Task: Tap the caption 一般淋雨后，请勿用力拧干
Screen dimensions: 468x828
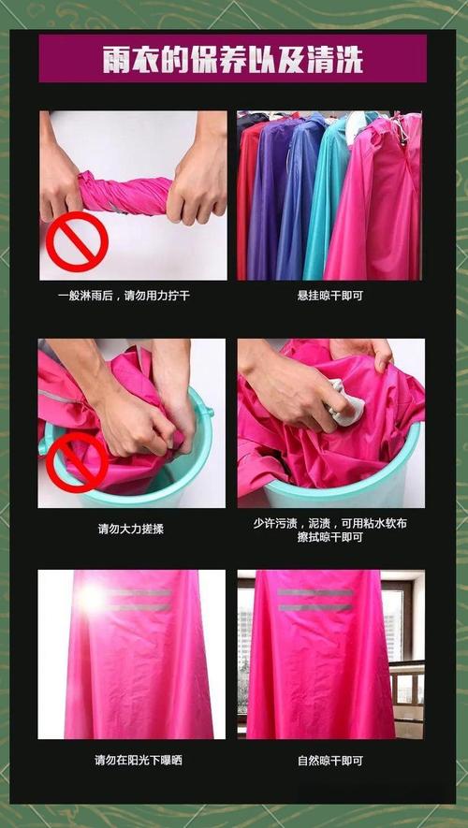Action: [124, 296]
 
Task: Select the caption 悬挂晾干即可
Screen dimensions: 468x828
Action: [330, 296]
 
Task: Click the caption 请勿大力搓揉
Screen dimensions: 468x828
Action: [131, 529]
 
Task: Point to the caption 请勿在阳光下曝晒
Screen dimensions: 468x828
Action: [139, 761]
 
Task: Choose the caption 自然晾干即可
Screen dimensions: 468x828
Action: [330, 761]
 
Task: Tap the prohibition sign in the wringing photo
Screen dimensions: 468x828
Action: [77, 242]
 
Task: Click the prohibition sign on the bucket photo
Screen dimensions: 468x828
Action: [77, 462]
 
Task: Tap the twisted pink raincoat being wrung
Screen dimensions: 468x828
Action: [125, 193]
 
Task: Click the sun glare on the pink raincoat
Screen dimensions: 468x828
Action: [92, 598]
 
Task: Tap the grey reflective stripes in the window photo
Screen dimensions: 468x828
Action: [314, 600]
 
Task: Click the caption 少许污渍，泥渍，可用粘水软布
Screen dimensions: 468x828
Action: [330, 524]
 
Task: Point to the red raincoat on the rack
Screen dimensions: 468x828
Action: [244, 200]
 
